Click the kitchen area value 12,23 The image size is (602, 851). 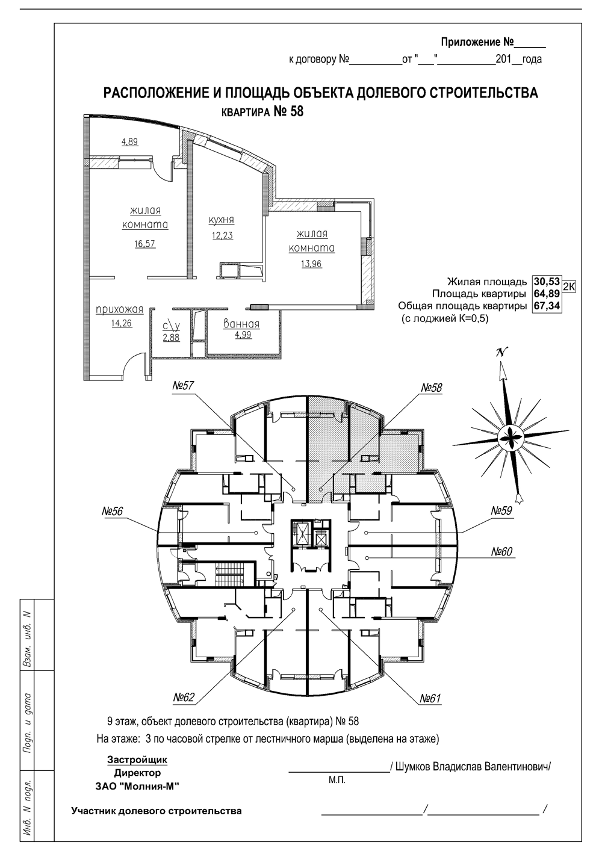click(x=222, y=235)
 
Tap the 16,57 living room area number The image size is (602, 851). click(x=145, y=244)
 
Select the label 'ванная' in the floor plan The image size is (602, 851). click(x=241, y=324)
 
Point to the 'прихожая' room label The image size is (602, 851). click(x=119, y=309)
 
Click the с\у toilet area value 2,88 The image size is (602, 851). click(x=171, y=338)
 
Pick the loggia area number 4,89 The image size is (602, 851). click(x=129, y=142)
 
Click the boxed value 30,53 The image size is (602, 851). click(x=547, y=282)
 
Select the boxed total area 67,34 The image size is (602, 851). click(x=547, y=306)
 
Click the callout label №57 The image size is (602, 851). click(x=183, y=386)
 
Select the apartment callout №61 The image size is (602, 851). click(x=430, y=698)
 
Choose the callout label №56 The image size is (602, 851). click(x=112, y=512)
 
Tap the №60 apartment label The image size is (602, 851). click(x=501, y=552)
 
